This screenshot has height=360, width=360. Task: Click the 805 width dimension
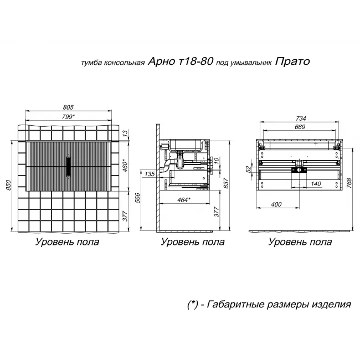[x=68, y=107]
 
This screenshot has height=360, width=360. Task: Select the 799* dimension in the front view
[x=68, y=116]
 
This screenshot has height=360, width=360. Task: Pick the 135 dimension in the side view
[x=149, y=174]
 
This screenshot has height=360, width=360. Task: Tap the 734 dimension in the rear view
[x=300, y=118]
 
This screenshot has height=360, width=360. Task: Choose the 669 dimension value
[x=300, y=127]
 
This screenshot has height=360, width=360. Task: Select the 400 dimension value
[x=277, y=205]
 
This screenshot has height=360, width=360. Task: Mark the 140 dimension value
[x=316, y=183]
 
